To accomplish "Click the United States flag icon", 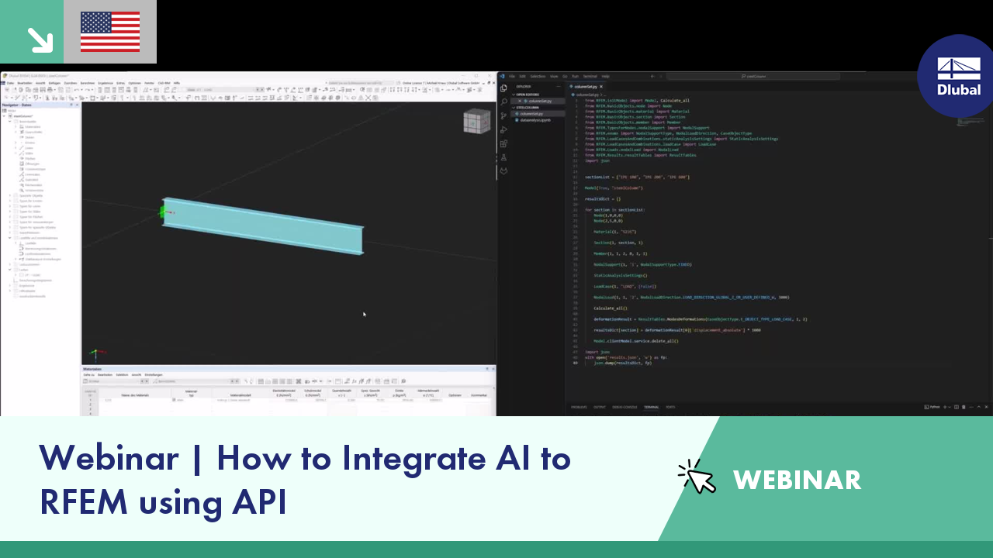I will [x=110, y=32].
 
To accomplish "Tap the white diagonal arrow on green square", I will [x=38, y=39].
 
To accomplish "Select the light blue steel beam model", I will [x=264, y=226].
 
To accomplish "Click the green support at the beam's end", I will [x=164, y=212].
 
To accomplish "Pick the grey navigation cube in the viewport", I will [x=476, y=122].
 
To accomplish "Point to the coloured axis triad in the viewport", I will [x=95, y=353].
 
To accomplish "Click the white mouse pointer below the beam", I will [x=364, y=314].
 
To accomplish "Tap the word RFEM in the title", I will [x=83, y=501].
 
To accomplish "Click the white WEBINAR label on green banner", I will [x=797, y=480].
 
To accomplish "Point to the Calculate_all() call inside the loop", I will [x=611, y=308].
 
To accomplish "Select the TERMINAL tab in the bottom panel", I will [x=651, y=407].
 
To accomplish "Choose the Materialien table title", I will [x=93, y=369].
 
